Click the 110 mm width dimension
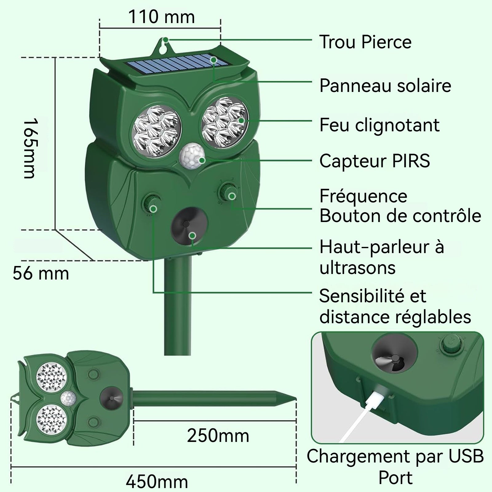pos(161,17)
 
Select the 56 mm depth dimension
pos(41,273)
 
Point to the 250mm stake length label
pos(218,436)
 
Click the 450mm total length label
pos(157,481)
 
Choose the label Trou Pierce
pos(365,42)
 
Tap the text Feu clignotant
pos(379,125)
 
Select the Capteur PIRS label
pos(375,161)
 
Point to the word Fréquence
pos(363,196)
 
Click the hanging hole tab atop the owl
pos(166,45)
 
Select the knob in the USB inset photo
pos(452,344)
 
